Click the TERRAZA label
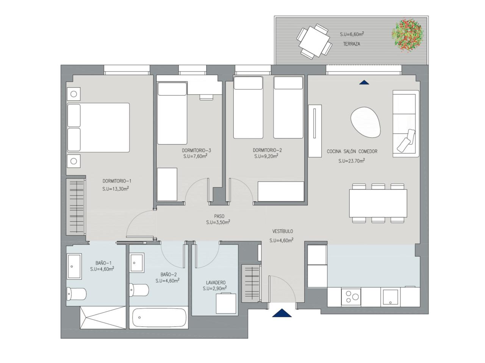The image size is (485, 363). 351,44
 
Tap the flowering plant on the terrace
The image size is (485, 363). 407,35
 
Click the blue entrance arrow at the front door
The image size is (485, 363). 282,313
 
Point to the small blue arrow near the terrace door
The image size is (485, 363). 364,82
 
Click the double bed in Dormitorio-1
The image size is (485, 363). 98,127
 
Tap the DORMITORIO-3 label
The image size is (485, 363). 196,150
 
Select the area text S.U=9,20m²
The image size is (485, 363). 266,156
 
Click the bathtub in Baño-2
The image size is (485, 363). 159,318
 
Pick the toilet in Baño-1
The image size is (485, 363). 77,294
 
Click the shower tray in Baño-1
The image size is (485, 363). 103,317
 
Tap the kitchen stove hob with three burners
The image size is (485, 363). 351,297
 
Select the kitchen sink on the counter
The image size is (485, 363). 390,297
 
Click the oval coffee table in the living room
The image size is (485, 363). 366,122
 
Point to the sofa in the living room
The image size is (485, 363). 406,123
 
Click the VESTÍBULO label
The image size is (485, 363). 283,231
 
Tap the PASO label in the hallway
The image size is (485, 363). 219,216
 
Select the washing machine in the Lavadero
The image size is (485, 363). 226,303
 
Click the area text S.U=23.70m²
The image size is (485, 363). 352,161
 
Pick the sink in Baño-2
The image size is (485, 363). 137,262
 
